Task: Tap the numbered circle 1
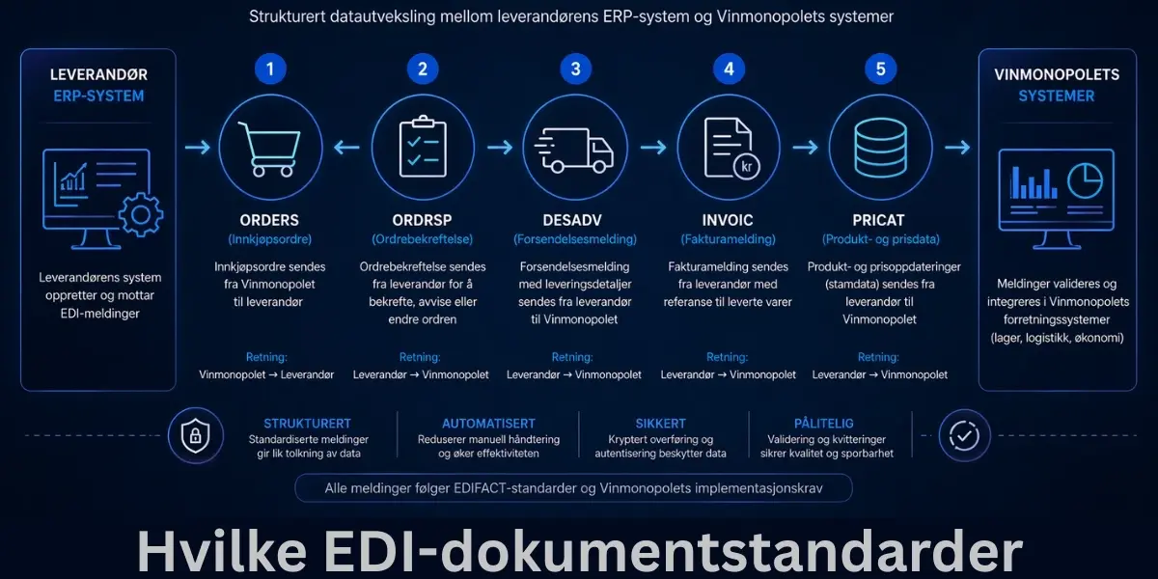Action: point(271,69)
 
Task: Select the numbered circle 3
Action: point(576,69)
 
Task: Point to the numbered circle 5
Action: point(881,69)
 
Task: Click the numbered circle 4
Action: point(729,69)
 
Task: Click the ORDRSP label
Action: point(422,219)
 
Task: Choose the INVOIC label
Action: point(729,219)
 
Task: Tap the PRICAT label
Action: point(880,219)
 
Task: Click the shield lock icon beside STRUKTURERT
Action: point(196,436)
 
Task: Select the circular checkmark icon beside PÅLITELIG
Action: point(964,436)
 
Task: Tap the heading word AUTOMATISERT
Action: point(488,424)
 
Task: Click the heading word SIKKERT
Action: point(661,424)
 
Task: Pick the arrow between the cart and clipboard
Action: point(347,148)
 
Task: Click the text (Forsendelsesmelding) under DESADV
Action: point(575,239)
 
